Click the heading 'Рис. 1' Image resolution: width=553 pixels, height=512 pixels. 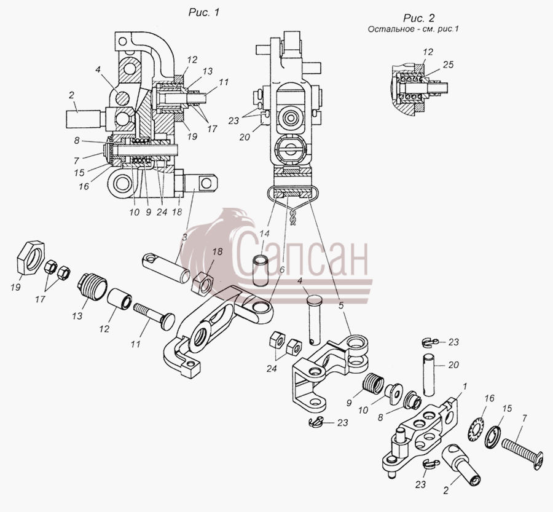(x=204, y=12)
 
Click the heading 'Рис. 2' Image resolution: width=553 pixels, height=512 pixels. (x=419, y=18)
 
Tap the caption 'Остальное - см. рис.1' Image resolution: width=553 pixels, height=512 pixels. (x=413, y=29)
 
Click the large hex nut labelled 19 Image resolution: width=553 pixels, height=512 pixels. (x=31, y=256)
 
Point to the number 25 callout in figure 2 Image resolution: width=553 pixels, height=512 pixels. (x=447, y=65)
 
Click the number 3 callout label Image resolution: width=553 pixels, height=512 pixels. (x=184, y=237)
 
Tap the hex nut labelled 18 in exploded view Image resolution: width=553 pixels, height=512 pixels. (x=202, y=281)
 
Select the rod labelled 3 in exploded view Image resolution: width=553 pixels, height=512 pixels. (x=167, y=267)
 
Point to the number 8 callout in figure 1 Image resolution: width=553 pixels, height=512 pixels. (x=77, y=141)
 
